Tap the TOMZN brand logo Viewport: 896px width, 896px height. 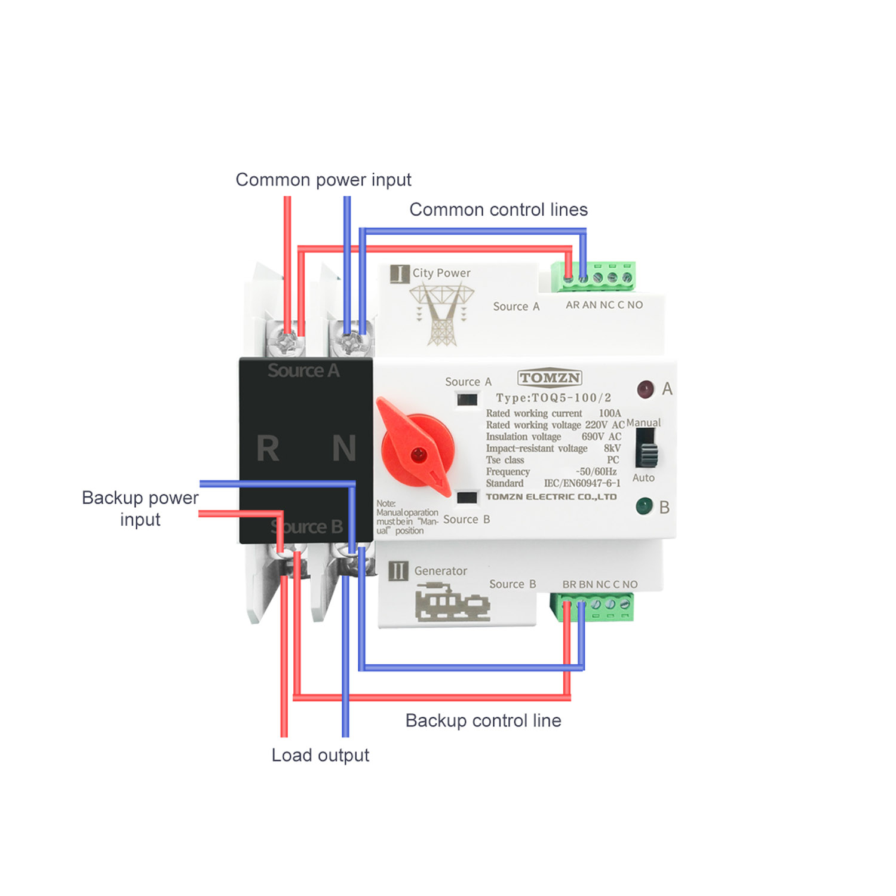coord(550,378)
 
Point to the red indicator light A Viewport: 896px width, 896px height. coord(645,389)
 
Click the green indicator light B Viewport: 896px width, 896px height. coord(644,507)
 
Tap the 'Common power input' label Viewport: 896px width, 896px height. coord(324,180)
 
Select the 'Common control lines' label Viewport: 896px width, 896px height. coord(499,210)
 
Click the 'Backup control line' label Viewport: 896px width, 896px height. coord(483,721)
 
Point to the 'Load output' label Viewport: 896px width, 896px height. coord(320,756)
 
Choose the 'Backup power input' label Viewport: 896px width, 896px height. coord(140,508)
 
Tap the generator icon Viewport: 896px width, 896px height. coord(452,604)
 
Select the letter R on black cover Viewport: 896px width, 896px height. coord(268,449)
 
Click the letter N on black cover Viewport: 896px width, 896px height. coord(344,449)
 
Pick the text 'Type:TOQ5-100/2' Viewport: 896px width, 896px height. coord(554,398)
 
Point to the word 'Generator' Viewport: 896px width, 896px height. coord(441,571)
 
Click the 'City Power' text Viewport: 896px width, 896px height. coord(441,273)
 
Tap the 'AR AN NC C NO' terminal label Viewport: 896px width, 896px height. coord(605,305)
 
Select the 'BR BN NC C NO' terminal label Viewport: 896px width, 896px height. coord(600,584)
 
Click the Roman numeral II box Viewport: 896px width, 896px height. coord(398,571)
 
